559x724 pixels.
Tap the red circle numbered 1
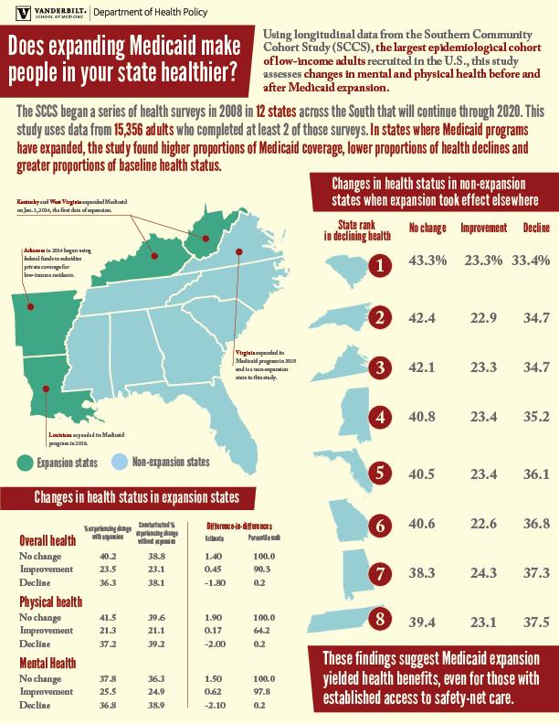pos(383,265)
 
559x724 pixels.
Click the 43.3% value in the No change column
pos(427,261)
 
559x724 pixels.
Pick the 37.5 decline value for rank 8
pos(535,623)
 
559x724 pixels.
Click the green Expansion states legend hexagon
pos(24,462)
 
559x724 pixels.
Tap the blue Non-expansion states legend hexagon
pos(118,462)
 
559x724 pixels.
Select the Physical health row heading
pos(52,603)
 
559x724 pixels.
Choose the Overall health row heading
pos(48,541)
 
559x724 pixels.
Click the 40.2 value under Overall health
pos(108,556)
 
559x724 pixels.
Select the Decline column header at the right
pos(535,226)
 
